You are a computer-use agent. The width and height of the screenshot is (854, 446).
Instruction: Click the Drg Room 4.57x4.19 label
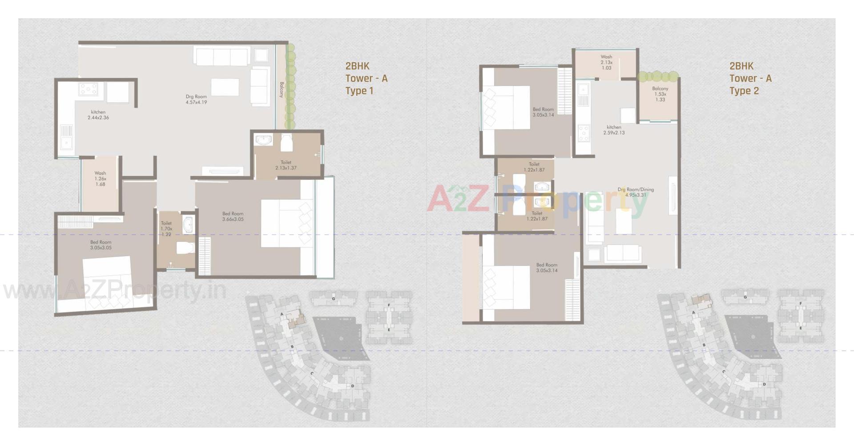(196, 99)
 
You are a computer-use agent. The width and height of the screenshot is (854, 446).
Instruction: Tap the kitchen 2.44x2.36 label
(98, 115)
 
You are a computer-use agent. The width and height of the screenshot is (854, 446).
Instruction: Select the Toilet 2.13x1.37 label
(286, 165)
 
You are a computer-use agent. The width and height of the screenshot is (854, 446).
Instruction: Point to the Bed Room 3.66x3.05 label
(233, 216)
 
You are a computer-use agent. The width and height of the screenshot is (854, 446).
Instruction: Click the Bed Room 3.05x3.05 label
(101, 245)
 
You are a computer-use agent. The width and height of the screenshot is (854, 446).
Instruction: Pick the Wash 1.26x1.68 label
(100, 178)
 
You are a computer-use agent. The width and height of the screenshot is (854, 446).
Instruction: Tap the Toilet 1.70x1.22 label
(166, 229)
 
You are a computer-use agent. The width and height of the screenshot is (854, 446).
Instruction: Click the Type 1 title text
(359, 91)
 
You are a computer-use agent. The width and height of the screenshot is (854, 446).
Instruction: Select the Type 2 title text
(744, 91)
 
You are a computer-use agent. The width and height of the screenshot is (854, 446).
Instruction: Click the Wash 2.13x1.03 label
(606, 62)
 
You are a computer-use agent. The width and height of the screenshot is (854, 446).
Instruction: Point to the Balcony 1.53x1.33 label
(660, 94)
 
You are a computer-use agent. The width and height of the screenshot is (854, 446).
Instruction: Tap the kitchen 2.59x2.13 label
(614, 130)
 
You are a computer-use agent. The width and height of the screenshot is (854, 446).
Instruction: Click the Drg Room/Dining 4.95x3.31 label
(636, 192)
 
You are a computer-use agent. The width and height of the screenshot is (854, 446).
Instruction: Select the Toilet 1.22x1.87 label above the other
(534, 167)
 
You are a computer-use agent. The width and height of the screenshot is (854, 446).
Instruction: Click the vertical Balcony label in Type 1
(282, 89)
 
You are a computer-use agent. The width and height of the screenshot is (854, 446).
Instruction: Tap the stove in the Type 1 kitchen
(88, 89)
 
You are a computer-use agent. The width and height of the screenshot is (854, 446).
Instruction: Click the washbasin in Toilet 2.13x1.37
(264, 140)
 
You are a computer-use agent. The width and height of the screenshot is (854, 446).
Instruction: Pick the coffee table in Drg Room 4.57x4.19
(225, 87)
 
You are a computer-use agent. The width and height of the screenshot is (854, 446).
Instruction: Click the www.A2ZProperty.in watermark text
(115, 292)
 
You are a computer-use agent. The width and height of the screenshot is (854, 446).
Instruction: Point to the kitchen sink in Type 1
(67, 142)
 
